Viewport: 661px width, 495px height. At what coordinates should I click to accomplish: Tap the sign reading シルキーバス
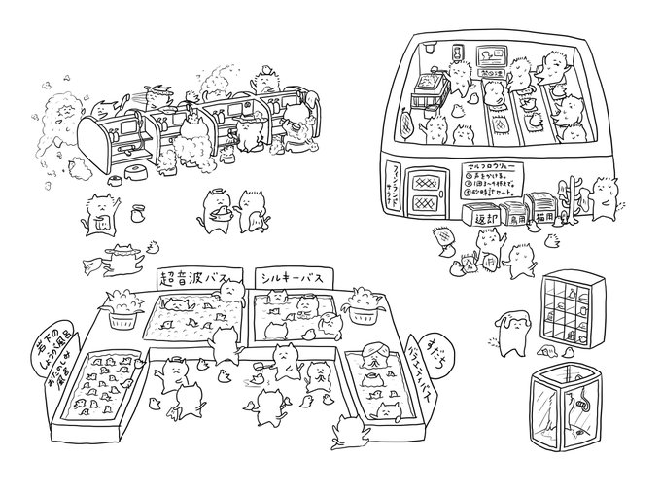coord(289,276)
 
